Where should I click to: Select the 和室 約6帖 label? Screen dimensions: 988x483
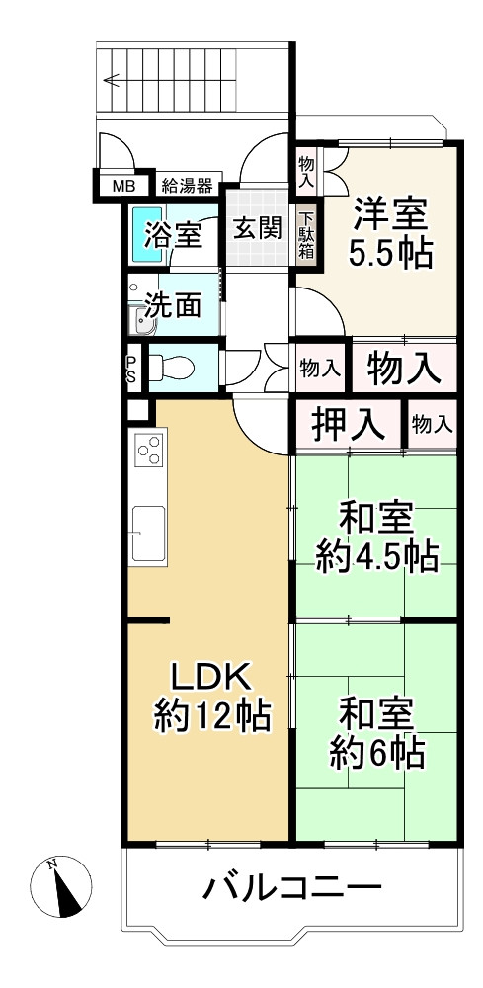tap(376, 732)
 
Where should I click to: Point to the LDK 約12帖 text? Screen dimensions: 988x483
tap(212, 697)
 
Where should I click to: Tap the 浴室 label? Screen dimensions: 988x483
tap(174, 236)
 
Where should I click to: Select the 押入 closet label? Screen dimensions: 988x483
tap(348, 425)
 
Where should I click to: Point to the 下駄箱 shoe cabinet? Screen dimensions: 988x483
tap(308, 237)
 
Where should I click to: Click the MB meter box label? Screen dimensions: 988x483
tap(122, 185)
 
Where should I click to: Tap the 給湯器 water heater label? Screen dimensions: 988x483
tap(187, 185)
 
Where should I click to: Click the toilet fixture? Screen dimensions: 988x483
tap(172, 369)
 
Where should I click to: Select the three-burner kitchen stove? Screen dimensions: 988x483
tap(149, 451)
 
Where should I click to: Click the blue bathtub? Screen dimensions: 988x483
tap(145, 232)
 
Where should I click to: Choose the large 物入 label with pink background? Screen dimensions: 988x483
tap(403, 369)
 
